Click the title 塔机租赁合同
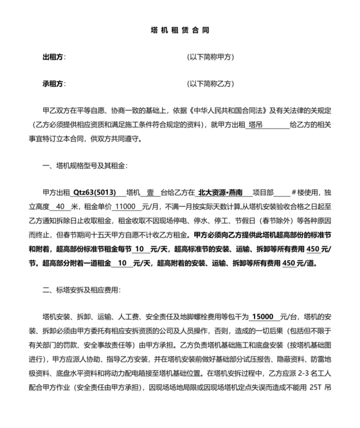[179, 30]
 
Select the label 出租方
[54, 57]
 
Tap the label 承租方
[54, 84]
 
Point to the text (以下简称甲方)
[210, 57]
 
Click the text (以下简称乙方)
[210, 84]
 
